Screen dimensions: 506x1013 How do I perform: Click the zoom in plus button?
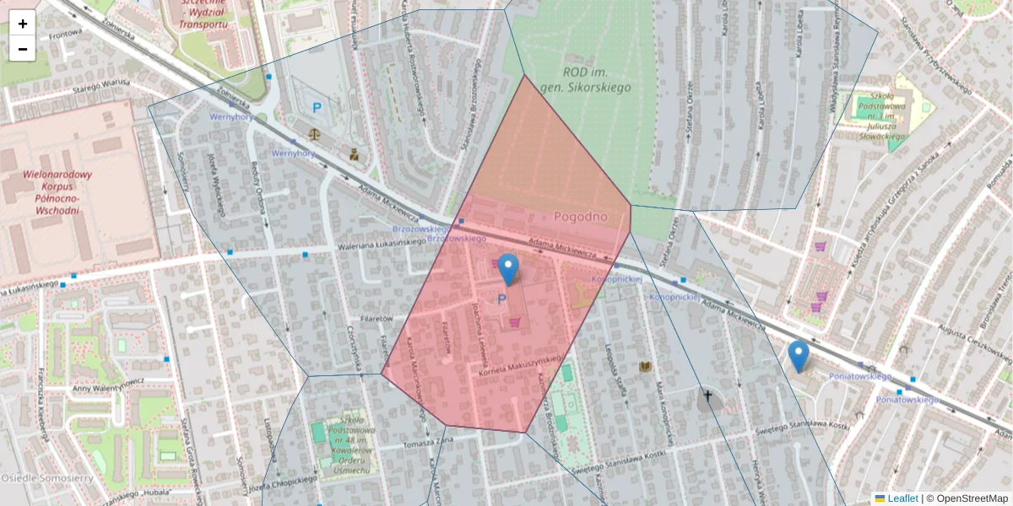click(x=23, y=24)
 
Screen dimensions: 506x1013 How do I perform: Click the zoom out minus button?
click(x=23, y=49)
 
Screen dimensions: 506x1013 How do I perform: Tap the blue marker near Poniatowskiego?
click(x=799, y=357)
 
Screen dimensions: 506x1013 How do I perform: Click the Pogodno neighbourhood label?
click(x=581, y=217)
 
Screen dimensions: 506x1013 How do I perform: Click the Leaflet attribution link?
click(x=902, y=498)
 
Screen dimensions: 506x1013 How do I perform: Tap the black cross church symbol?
click(x=707, y=395)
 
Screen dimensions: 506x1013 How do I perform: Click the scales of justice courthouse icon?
click(x=316, y=132)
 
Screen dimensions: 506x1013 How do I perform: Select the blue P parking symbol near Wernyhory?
click(x=317, y=108)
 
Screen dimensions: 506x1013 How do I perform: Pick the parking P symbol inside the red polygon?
click(x=502, y=299)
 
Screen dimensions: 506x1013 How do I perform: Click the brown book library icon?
click(x=646, y=367)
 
